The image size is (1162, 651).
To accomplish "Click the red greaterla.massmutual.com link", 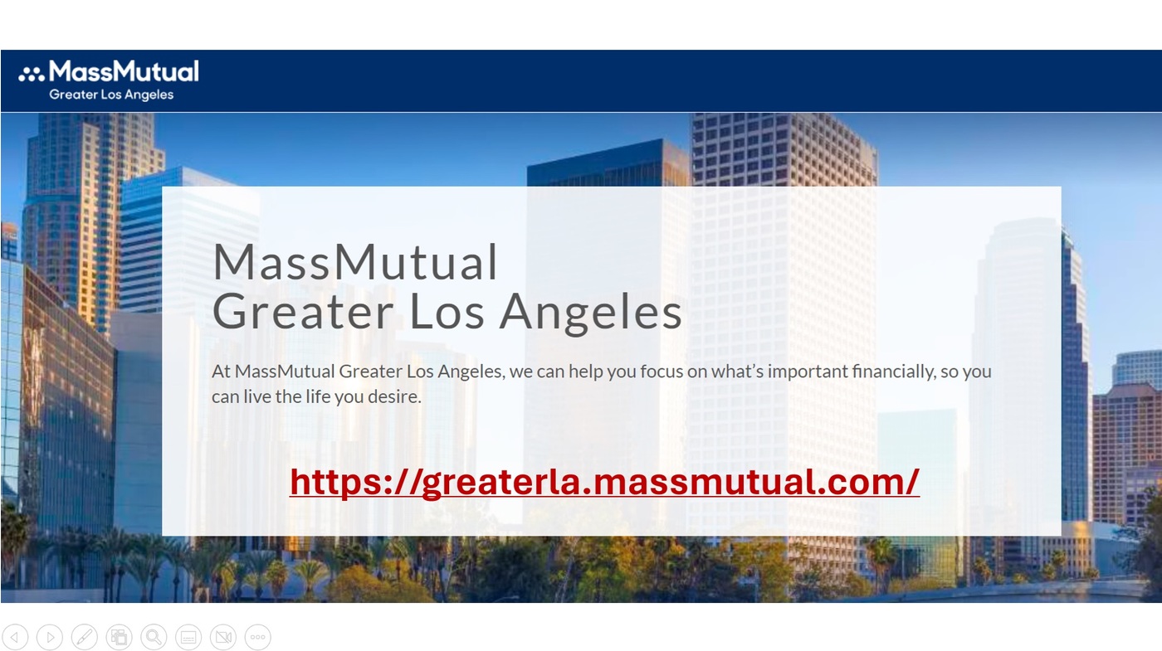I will tap(604, 482).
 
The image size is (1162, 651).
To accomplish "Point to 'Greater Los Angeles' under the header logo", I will tap(111, 95).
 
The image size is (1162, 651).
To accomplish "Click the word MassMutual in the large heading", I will tap(355, 263).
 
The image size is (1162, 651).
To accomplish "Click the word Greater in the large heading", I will tap(303, 313).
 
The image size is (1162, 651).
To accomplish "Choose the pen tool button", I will tap(85, 637).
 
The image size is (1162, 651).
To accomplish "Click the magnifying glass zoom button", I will tap(154, 637).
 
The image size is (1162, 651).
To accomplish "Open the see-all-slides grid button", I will tap(119, 637).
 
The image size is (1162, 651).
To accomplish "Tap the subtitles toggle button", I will tap(188, 637).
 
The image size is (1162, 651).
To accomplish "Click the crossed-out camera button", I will tap(222, 637).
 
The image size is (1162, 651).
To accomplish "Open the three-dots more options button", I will tap(257, 637).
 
